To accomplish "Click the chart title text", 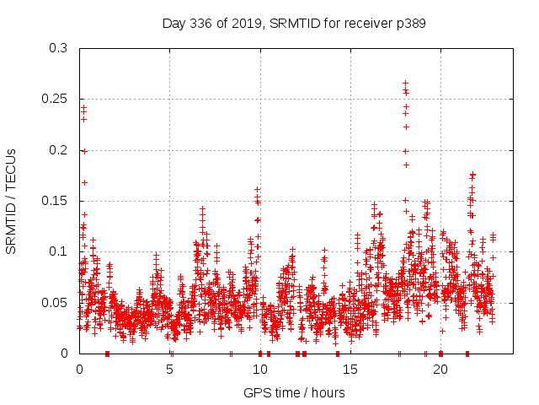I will click(294, 24).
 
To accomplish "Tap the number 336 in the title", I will click(207, 24).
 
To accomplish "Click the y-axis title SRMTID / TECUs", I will click(11, 201).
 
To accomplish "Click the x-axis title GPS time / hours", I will click(294, 392).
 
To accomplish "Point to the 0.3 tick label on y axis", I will click(57, 49).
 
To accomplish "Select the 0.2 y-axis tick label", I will click(57, 150).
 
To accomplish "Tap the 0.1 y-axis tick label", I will click(57, 251).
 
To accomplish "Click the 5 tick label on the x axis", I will click(169, 370).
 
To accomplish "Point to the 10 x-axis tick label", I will click(259, 370).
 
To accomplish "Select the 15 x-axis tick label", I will click(350, 370).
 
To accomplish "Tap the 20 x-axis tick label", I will click(440, 370).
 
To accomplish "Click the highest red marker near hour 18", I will click(405, 83).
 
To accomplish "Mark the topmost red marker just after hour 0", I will click(83, 107).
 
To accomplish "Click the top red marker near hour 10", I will click(257, 190).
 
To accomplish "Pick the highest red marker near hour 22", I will click(472, 175).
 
